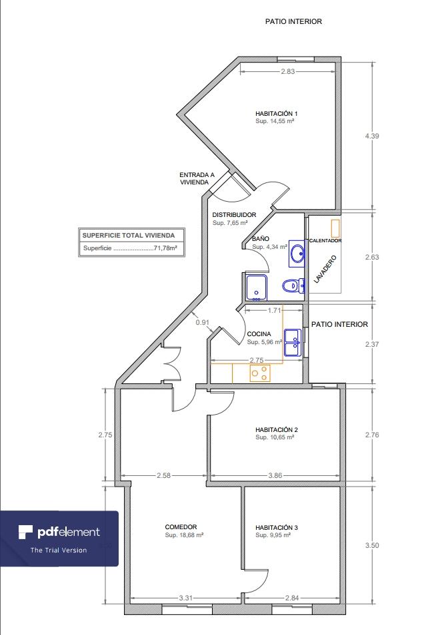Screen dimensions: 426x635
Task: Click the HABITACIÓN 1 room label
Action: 276,113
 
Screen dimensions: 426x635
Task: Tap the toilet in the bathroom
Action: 293,286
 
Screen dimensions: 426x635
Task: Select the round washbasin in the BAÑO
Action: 297,254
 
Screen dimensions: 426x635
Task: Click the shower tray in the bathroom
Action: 256,288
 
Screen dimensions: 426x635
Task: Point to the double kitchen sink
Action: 293,342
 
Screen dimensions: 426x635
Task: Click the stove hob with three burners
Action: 259,373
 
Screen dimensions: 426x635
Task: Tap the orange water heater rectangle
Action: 335,229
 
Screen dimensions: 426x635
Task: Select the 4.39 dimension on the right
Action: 371,136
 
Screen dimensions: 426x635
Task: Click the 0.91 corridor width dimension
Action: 203,322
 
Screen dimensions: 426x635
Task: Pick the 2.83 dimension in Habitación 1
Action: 287,72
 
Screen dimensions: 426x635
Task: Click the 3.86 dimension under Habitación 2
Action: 275,475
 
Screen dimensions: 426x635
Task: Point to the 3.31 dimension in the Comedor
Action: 185,598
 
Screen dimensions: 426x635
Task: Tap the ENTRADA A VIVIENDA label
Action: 197,178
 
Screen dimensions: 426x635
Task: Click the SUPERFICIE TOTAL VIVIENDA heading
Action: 129,235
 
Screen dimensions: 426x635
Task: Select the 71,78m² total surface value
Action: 165,249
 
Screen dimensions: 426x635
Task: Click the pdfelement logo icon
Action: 25,532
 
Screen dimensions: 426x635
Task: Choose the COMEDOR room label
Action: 181,527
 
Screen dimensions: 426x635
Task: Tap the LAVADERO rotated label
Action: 325,269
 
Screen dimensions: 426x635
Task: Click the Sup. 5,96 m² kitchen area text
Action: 265,342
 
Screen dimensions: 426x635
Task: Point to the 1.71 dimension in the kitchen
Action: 274,311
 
